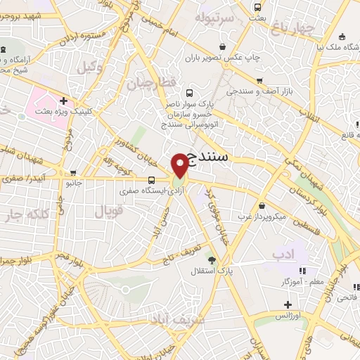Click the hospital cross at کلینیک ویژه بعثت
pos(63,101)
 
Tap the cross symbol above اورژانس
pos(287,305)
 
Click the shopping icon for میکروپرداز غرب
pos(262,206)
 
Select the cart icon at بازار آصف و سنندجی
pos(260,81)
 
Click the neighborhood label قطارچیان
pos(149,84)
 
